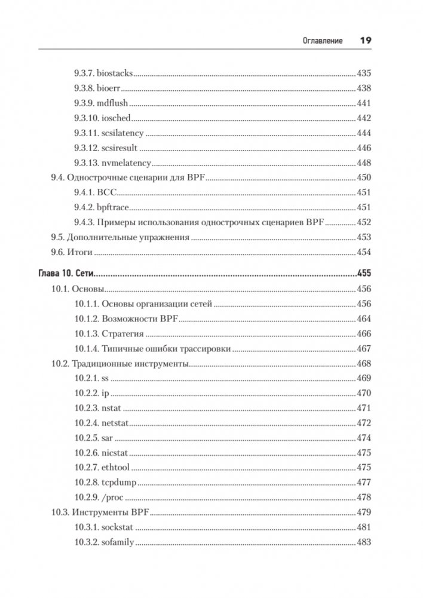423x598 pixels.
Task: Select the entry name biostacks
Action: [115, 74]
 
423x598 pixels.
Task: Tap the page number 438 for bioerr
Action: [363, 88]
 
